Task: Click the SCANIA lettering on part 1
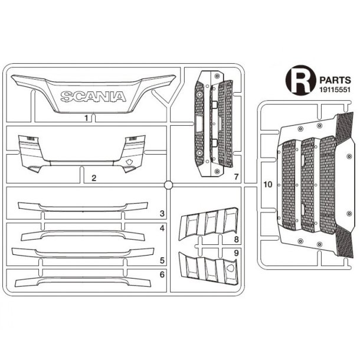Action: tap(93, 96)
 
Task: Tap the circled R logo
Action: tap(300, 80)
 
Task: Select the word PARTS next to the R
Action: tap(335, 80)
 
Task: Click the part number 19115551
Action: tap(335, 90)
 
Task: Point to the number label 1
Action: tap(86, 118)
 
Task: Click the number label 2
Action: tap(94, 178)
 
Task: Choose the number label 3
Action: tap(162, 214)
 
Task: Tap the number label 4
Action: tap(162, 228)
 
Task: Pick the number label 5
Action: tap(162, 260)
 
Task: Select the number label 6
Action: tap(162, 274)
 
